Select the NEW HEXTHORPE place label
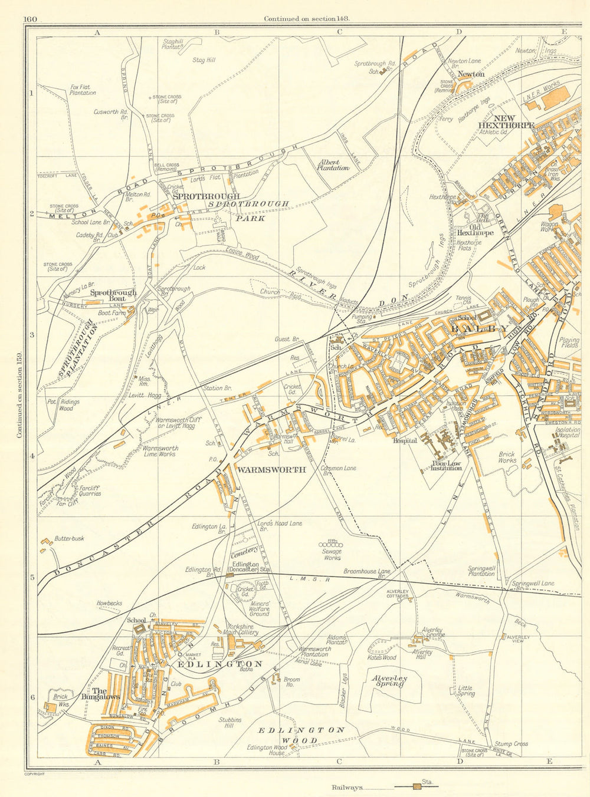(506, 121)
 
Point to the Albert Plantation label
(333, 164)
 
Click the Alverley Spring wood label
(388, 682)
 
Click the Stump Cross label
(512, 744)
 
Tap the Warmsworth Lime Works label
(160, 452)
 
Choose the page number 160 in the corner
(31, 19)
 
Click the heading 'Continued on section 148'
(307, 18)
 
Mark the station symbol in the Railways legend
(417, 786)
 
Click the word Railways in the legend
(347, 787)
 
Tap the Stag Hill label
(204, 60)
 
